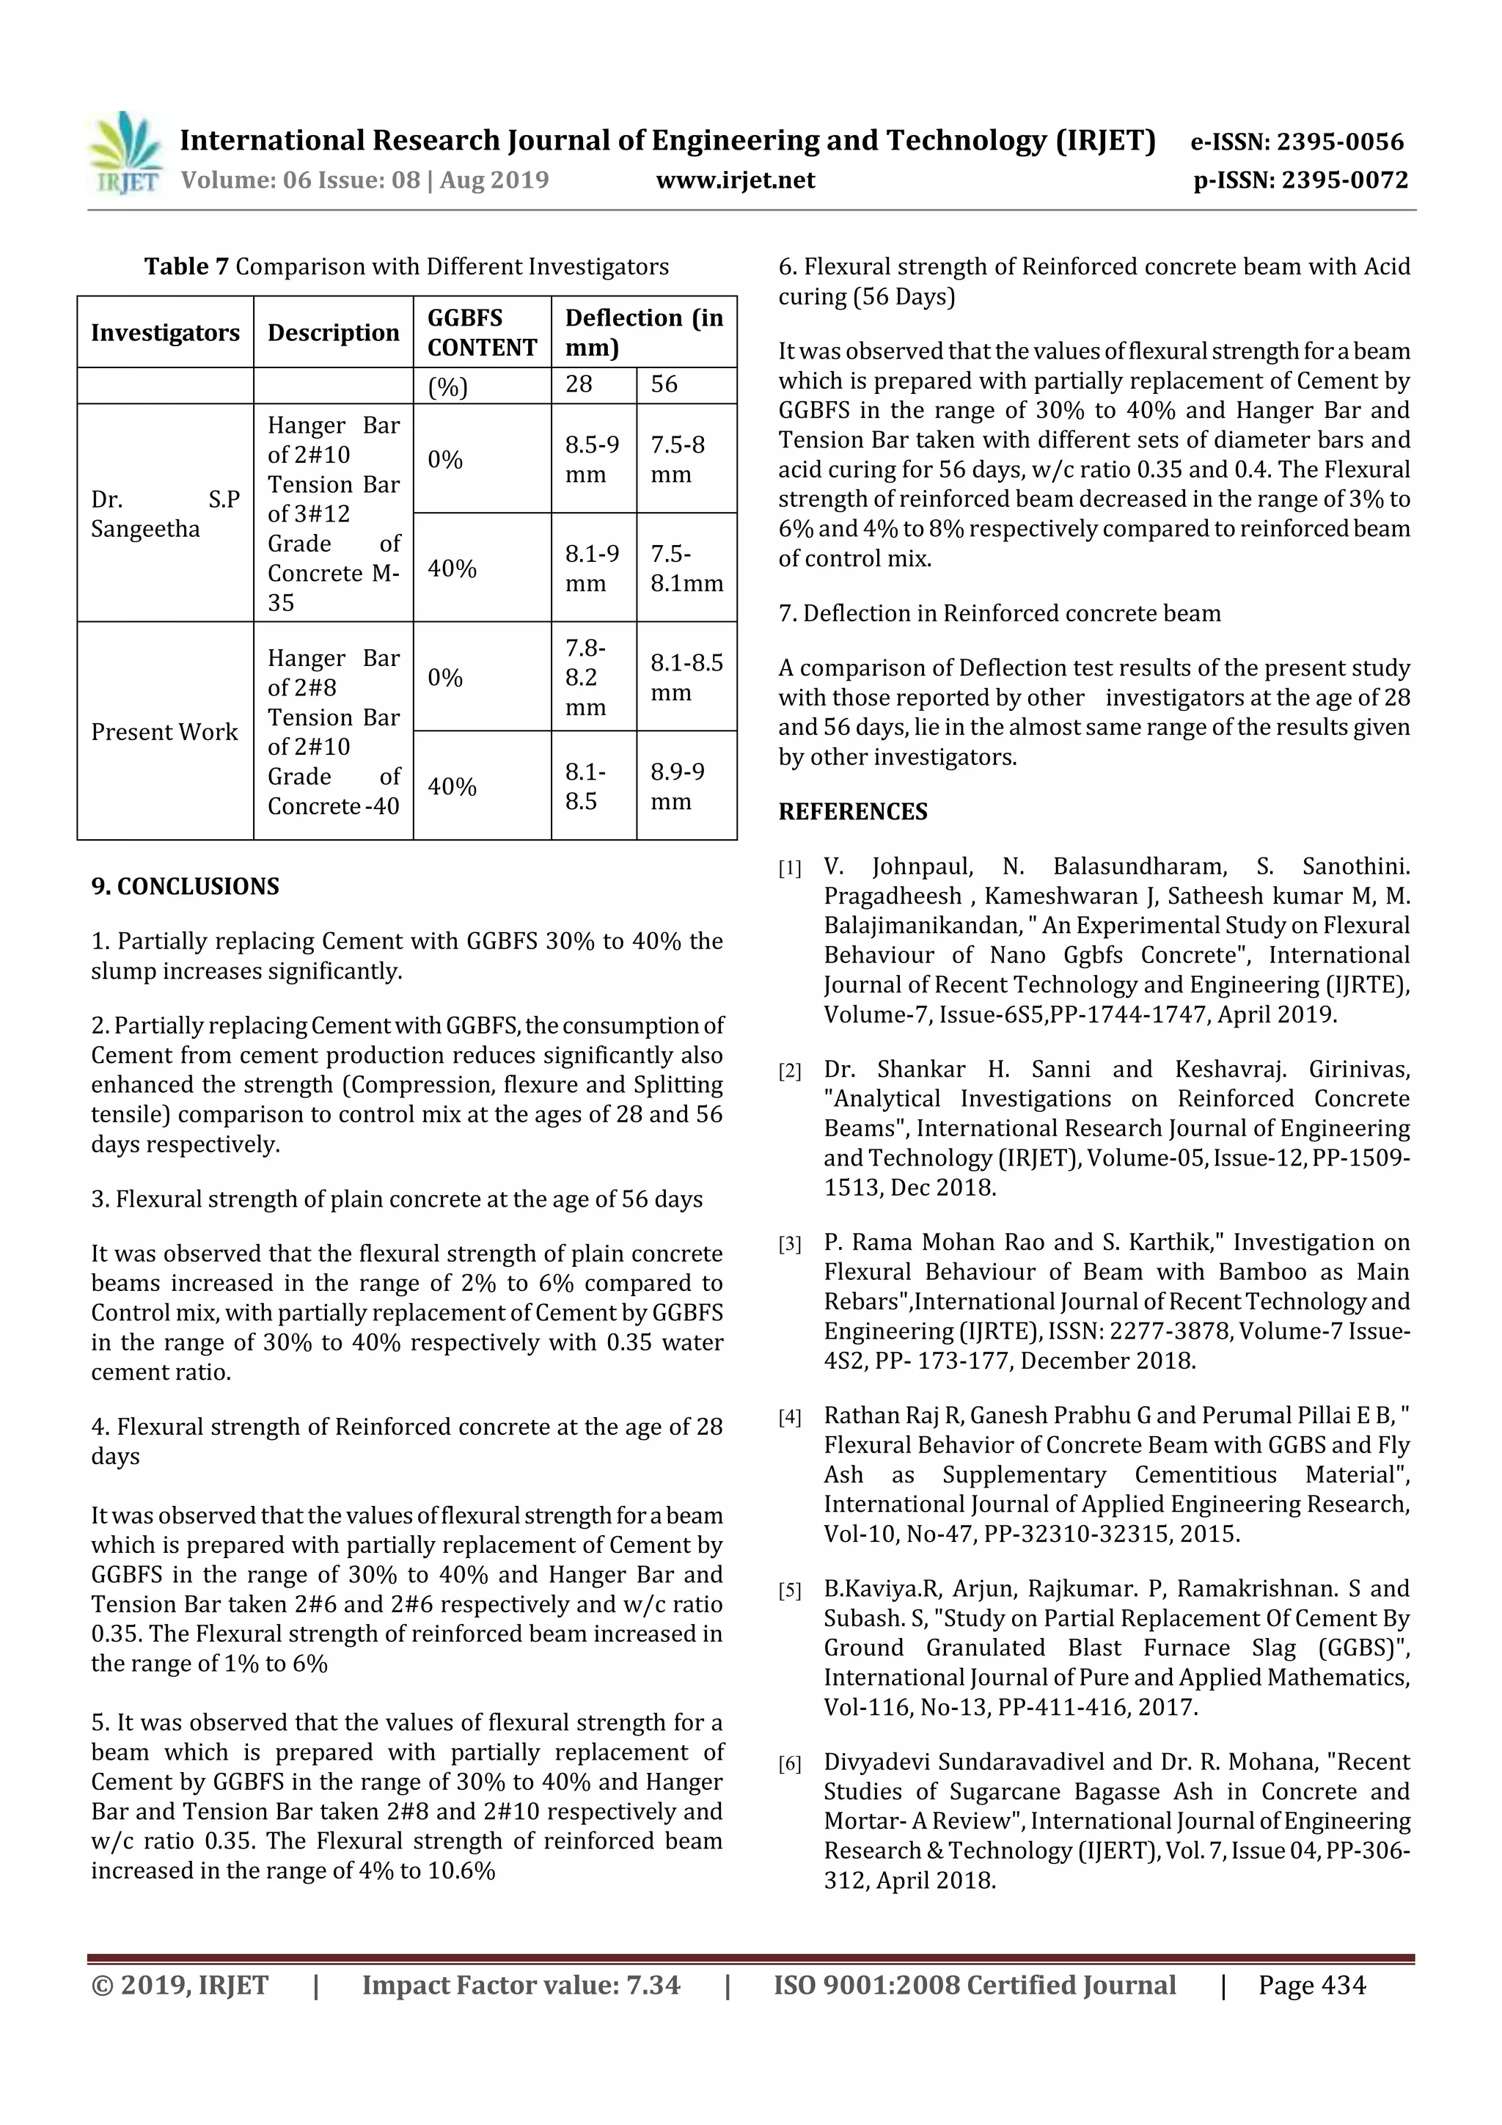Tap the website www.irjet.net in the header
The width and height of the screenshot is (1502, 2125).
tap(735, 180)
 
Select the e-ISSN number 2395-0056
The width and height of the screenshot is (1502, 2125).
tap(1339, 142)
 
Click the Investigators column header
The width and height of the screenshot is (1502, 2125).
tap(165, 333)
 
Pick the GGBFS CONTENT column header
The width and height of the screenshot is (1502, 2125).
tap(481, 333)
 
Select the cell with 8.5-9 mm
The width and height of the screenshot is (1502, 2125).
tap(593, 459)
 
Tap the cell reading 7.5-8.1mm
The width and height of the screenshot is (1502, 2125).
tap(686, 568)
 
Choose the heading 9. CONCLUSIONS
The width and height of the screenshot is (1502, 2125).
tap(185, 887)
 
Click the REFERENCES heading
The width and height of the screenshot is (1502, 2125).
tap(852, 812)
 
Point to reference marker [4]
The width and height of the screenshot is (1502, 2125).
tap(789, 1417)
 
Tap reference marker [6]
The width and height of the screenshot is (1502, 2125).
tap(789, 1764)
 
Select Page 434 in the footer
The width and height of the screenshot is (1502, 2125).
tap(1311, 1985)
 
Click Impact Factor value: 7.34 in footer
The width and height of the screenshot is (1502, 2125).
tap(520, 1985)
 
